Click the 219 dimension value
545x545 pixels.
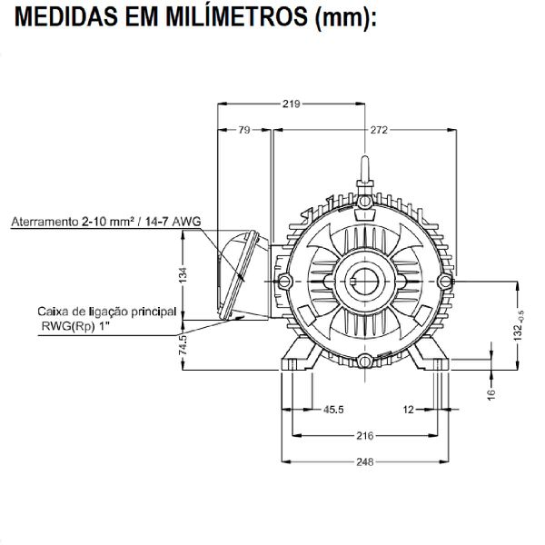[291, 104]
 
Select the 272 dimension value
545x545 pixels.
[379, 130]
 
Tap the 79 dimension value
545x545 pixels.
[243, 130]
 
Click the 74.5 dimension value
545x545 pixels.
[183, 344]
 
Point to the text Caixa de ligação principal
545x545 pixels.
[107, 310]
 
